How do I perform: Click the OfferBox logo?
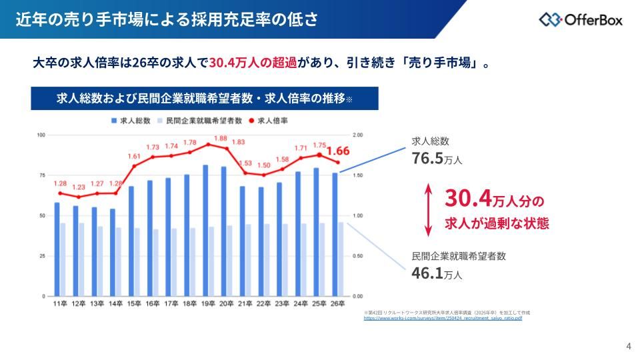click(581, 19)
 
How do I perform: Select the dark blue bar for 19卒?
click(205, 230)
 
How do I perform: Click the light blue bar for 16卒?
click(156, 263)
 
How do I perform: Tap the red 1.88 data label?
click(220, 139)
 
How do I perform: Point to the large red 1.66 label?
click(338, 150)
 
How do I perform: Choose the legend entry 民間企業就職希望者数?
click(199, 121)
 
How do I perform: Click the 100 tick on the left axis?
click(41, 135)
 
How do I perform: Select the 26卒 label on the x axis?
click(338, 304)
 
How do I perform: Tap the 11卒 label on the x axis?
click(59, 304)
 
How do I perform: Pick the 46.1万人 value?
click(437, 273)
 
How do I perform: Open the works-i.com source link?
click(443, 319)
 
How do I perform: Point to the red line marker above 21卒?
click(245, 173)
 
